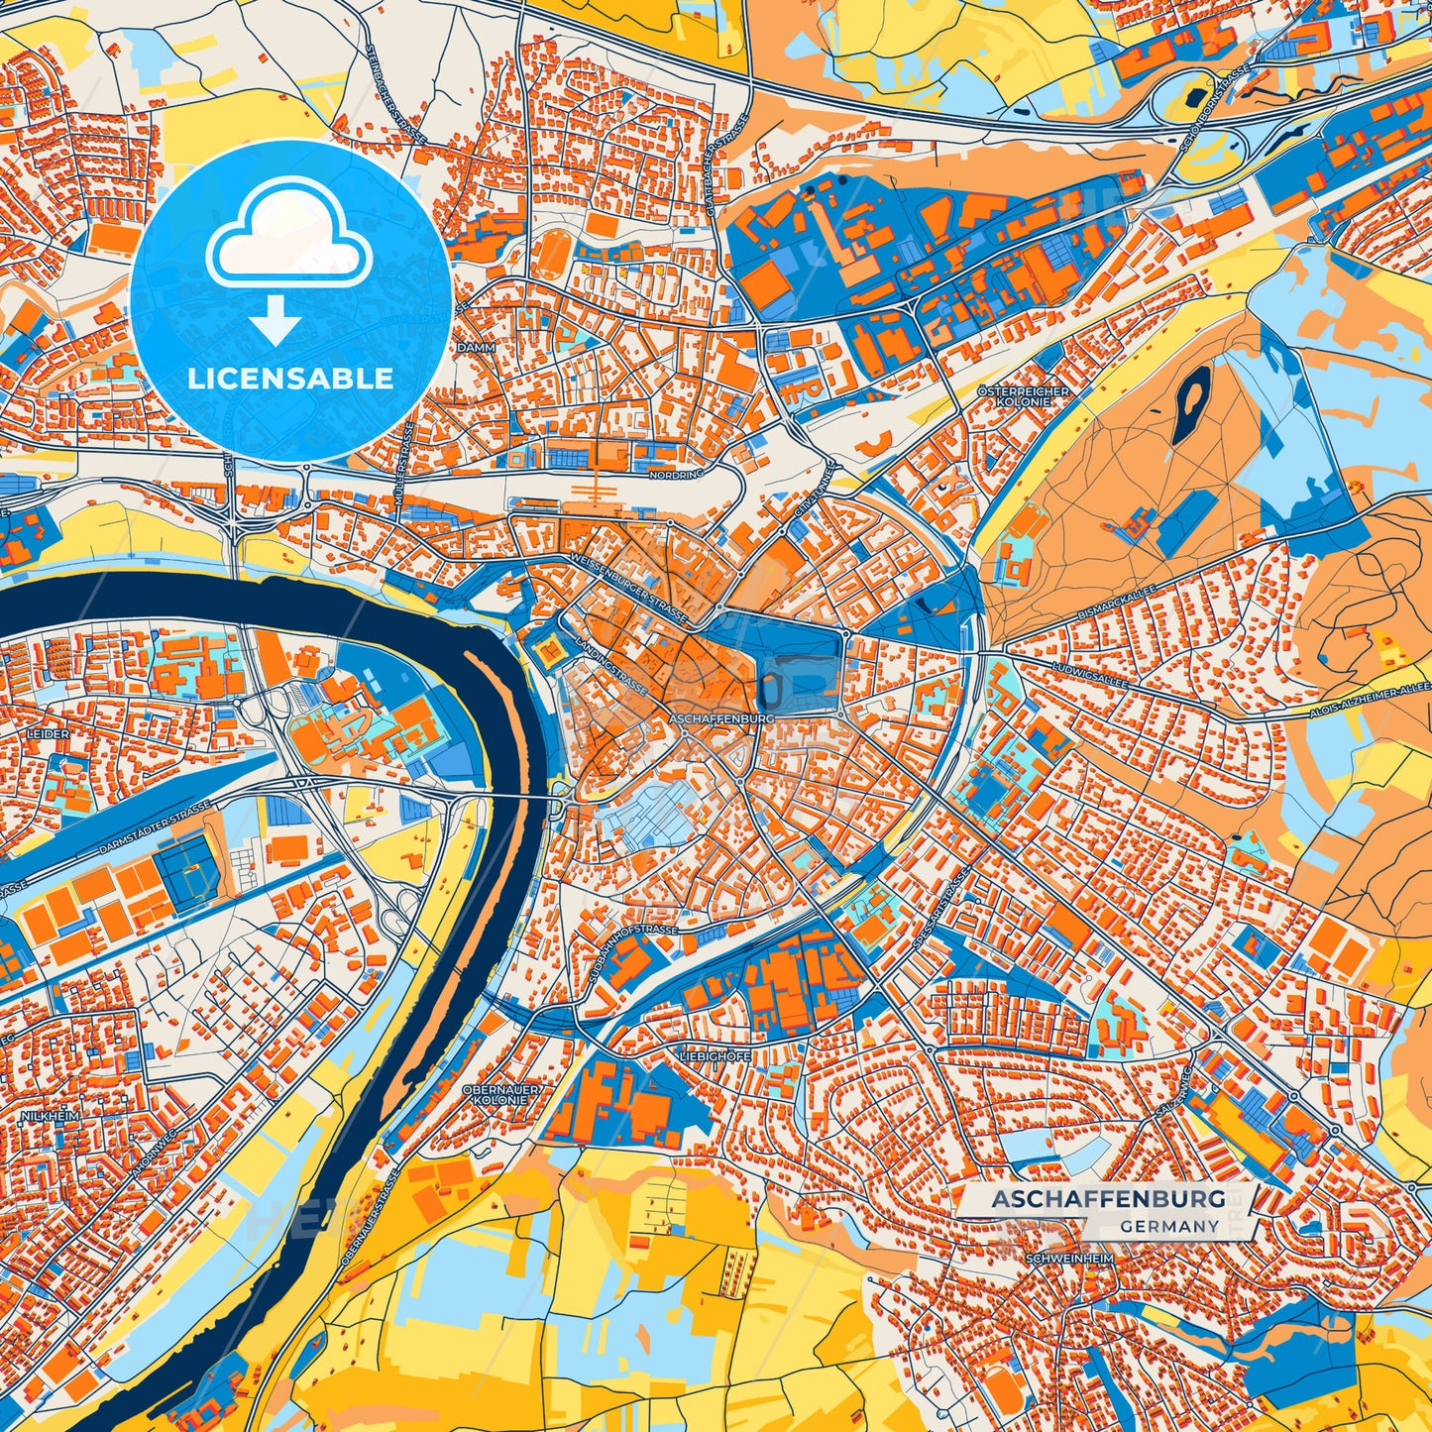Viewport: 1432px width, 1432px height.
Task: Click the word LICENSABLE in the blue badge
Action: coord(290,379)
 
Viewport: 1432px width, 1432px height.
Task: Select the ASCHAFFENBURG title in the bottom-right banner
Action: coord(1108,1199)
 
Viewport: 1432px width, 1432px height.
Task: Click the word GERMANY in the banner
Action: coord(1169,1226)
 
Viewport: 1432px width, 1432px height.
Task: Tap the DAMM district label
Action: coord(476,349)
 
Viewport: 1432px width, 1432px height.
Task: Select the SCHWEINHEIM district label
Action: coord(1070,1259)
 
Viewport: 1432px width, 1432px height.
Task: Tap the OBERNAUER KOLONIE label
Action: coord(502,1095)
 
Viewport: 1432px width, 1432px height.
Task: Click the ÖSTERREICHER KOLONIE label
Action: coord(1024,396)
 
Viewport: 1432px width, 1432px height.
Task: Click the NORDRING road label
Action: coord(675,475)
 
